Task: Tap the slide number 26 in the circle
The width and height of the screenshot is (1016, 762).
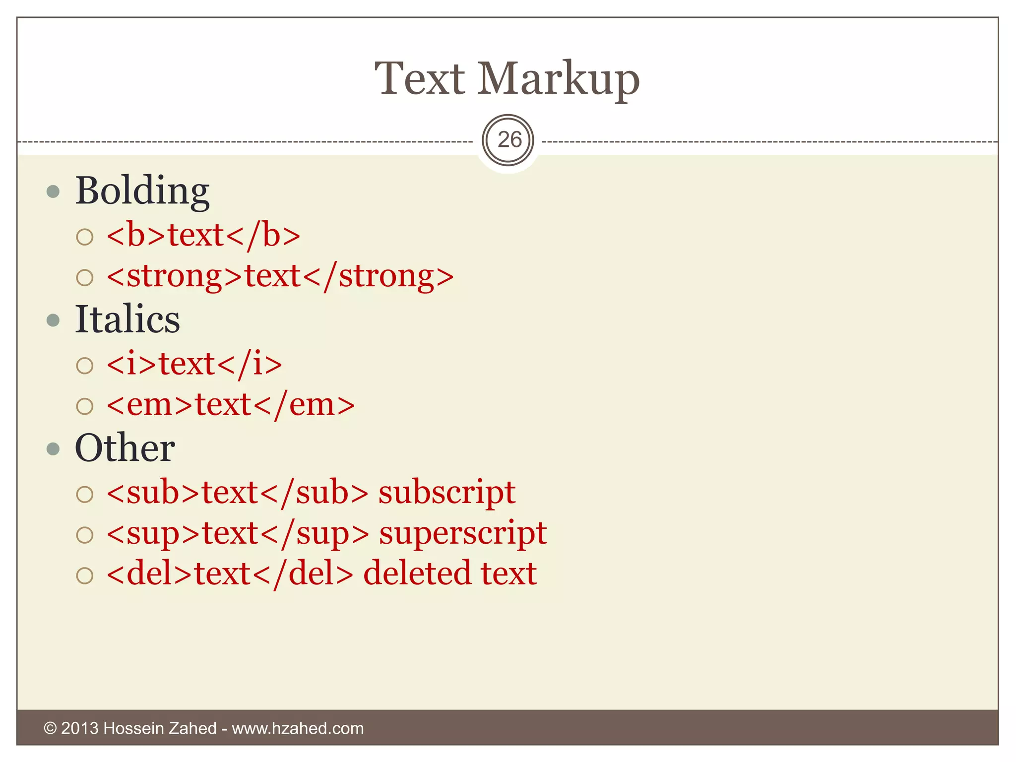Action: tap(508, 140)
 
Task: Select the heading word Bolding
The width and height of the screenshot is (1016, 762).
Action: tap(142, 191)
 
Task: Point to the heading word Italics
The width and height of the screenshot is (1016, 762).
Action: tap(127, 319)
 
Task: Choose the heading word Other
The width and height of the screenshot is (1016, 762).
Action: tap(125, 448)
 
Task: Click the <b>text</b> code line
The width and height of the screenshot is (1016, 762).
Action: tap(203, 235)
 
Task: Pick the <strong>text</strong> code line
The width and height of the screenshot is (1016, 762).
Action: tap(280, 276)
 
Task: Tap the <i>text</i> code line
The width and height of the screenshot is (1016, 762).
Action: tap(194, 365)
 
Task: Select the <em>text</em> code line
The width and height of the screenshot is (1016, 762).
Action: tap(231, 405)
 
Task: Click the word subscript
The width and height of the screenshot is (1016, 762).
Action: tap(447, 494)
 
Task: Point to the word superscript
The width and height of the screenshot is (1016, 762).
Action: tap(463, 534)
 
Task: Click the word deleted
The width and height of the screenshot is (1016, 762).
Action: tap(417, 574)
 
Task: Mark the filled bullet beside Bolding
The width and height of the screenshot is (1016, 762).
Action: tap(53, 191)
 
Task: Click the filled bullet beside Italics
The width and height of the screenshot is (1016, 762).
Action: tap(53, 320)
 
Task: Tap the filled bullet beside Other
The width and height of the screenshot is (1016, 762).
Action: tap(53, 449)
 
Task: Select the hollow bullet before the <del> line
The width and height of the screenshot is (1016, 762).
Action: tap(85, 575)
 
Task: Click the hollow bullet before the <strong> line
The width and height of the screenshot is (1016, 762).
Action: tap(85, 277)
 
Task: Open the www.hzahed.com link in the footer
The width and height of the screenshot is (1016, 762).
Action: tap(298, 728)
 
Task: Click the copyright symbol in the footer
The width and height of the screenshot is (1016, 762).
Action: tap(50, 728)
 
